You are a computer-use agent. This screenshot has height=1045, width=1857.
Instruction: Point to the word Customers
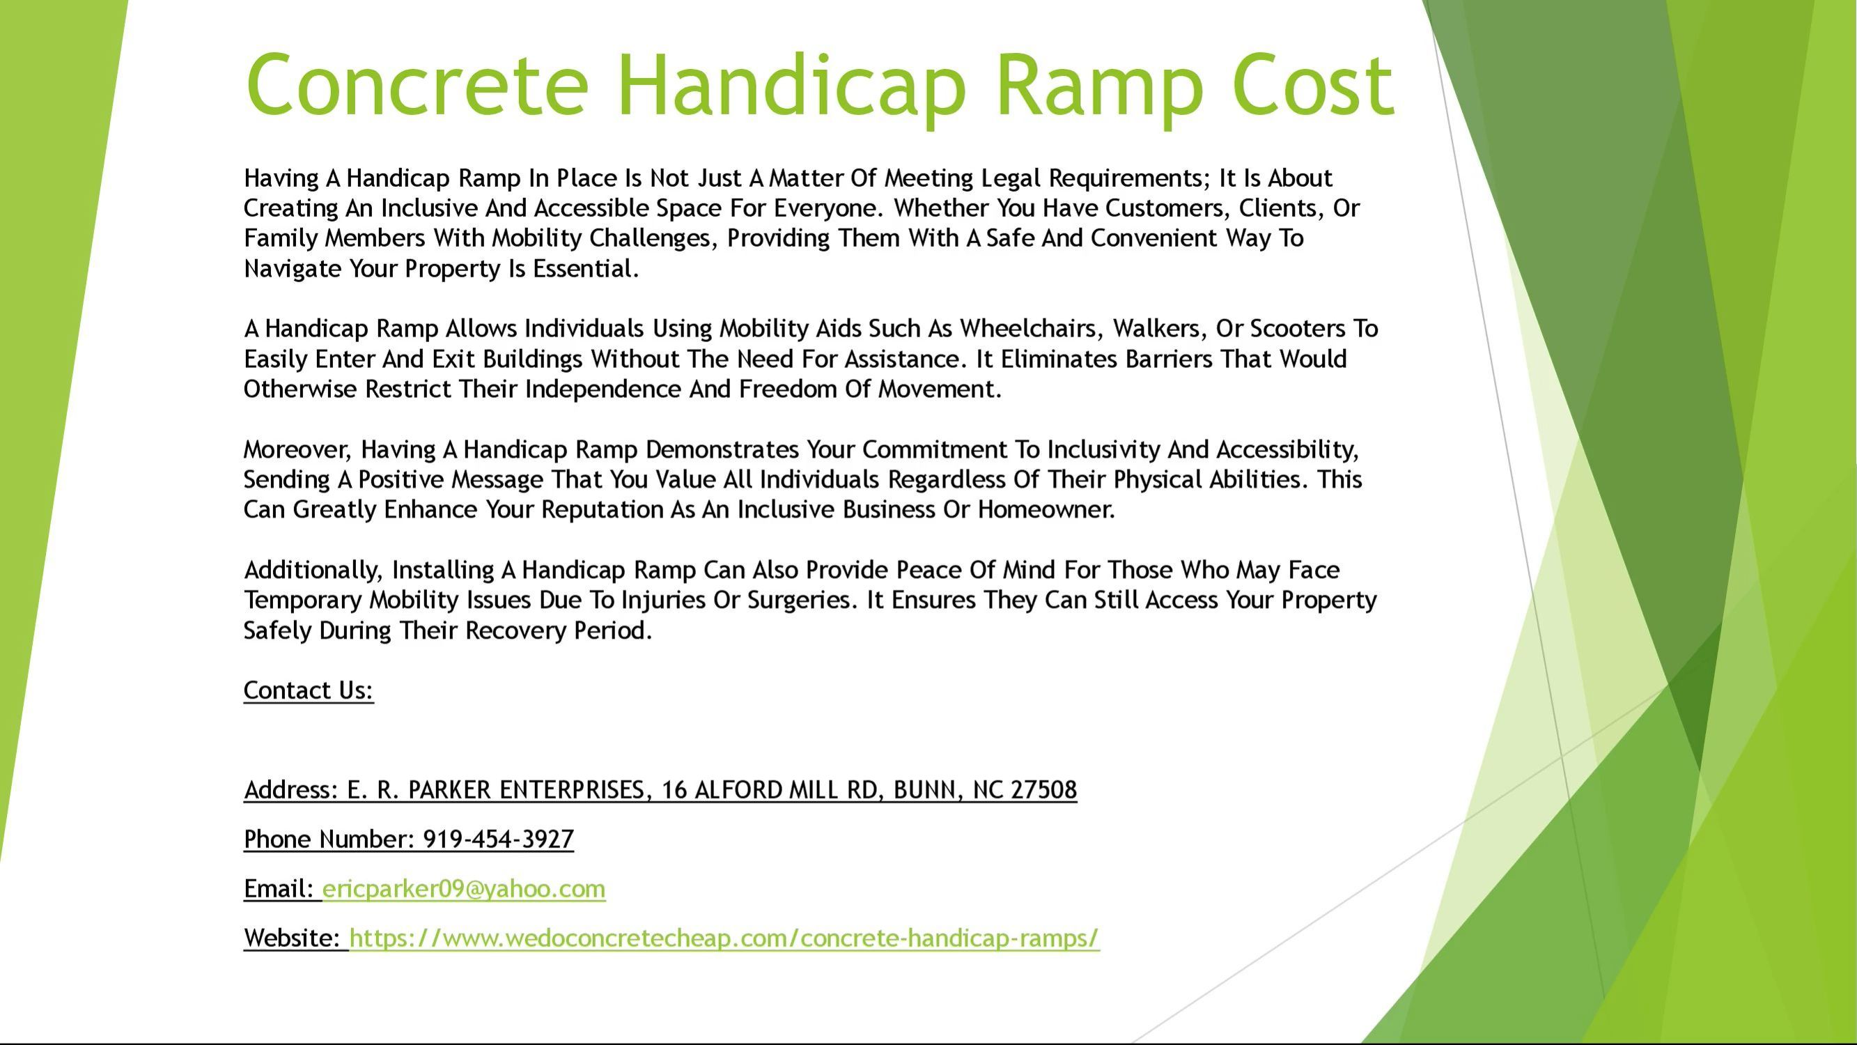click(1168, 208)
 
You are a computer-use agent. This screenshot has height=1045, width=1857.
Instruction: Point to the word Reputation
click(603, 510)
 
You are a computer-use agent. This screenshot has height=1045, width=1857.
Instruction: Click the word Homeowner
click(1046, 510)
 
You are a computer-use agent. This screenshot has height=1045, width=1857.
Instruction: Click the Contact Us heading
click(309, 691)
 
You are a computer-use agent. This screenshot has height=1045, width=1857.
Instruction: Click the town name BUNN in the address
click(926, 791)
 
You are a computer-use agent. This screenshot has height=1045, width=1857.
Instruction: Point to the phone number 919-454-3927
click(498, 839)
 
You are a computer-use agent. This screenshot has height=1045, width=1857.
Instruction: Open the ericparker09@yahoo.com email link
click(463, 889)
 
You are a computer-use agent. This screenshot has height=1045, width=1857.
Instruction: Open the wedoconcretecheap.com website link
click(724, 938)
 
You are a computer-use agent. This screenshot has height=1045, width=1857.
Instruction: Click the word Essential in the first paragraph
click(585, 269)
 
